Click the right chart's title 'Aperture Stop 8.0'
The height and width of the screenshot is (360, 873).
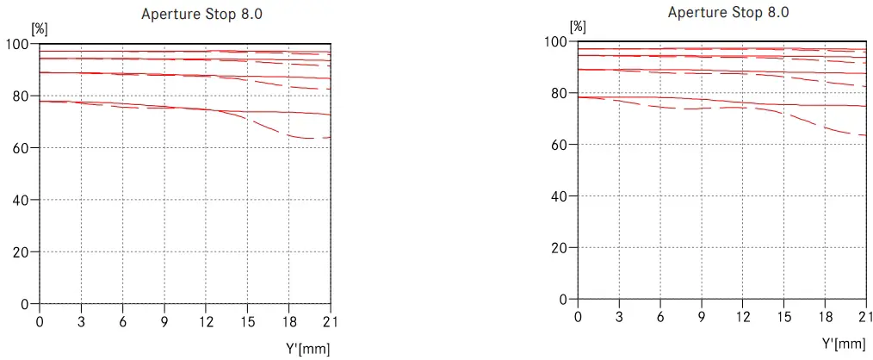727,12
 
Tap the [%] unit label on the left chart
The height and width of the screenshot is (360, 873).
40,28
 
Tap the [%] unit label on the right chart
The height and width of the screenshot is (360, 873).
578,27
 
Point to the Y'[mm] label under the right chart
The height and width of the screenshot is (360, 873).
844,344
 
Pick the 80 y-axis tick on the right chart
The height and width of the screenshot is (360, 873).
558,93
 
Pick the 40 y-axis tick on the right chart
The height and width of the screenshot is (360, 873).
558,196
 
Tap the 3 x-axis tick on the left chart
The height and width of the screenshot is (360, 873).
82,321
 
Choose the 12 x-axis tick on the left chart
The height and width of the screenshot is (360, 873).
206,321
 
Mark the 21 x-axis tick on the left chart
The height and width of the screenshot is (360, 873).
330,321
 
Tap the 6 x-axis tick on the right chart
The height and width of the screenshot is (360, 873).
660,316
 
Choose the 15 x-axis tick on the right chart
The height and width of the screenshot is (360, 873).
783,316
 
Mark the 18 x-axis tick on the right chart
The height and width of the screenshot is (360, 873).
825,316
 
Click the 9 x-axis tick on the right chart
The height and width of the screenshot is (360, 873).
702,316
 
